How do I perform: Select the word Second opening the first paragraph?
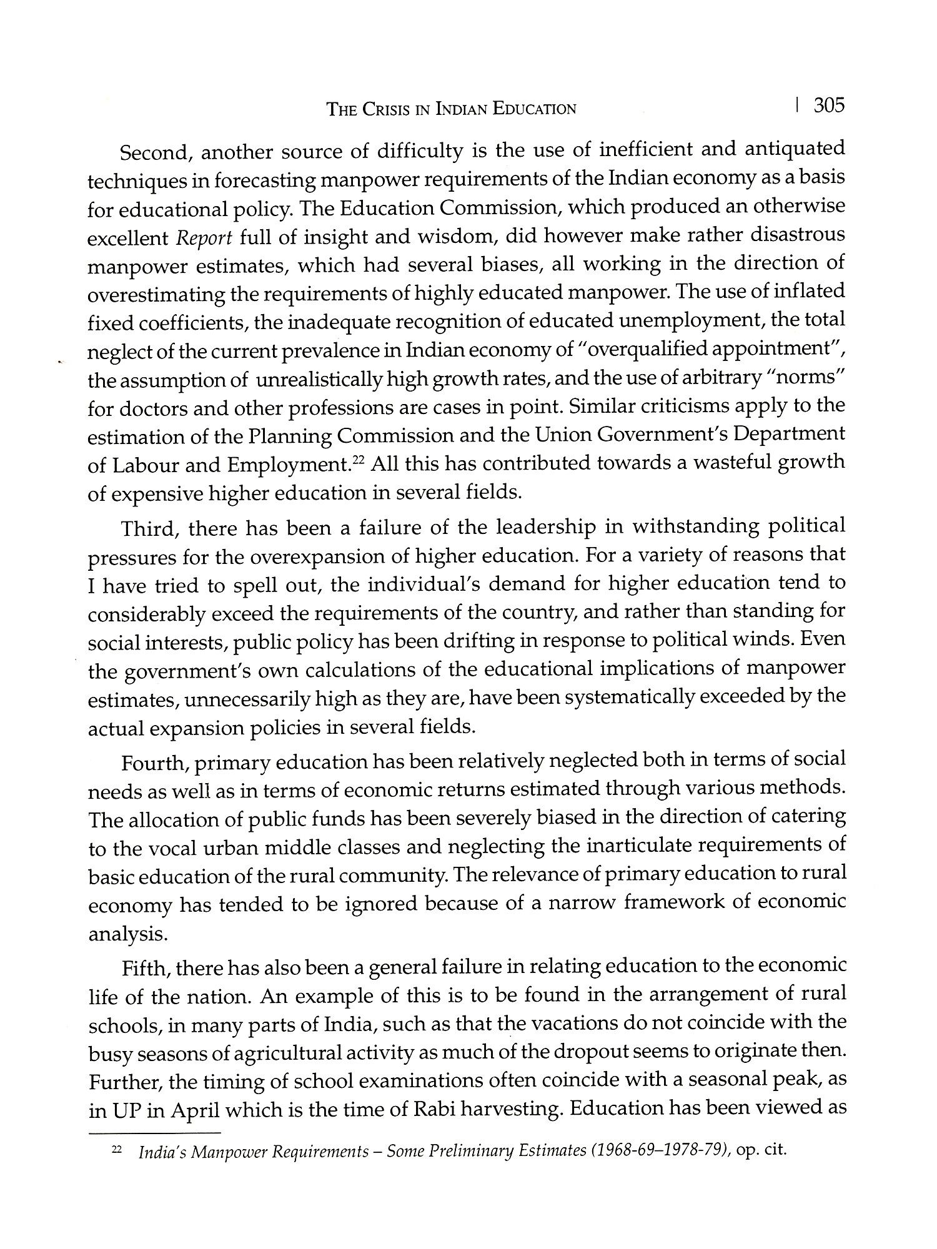tap(156, 152)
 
